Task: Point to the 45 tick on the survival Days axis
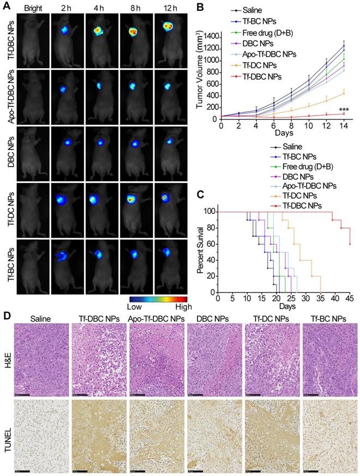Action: (x=349, y=299)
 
